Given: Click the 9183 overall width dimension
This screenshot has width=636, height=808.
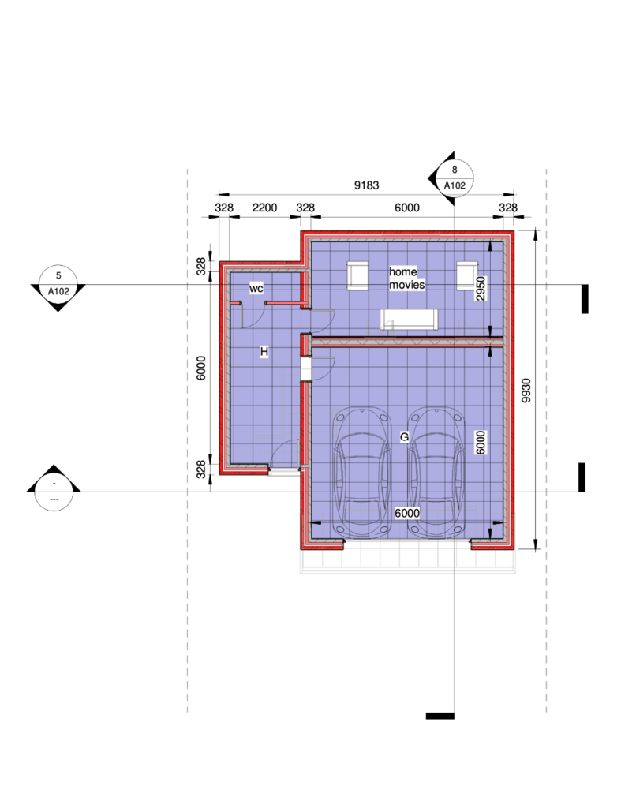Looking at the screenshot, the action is coord(366,185).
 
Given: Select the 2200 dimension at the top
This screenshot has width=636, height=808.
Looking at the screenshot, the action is coord(265,208).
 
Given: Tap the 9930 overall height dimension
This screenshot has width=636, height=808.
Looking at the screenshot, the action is coord(526,391).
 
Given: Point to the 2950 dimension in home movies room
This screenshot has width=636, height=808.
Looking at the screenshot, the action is coord(481,289).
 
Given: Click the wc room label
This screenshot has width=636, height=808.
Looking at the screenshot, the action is coord(256,289).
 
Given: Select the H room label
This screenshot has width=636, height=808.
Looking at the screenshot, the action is coord(264,352).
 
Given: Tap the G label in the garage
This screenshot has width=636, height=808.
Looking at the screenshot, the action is coord(405,437).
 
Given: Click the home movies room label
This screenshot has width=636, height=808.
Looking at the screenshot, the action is coord(406,279).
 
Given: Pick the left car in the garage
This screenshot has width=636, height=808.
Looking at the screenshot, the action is coord(361,473).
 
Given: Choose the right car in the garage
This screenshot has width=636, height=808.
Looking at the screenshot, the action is coord(437,473).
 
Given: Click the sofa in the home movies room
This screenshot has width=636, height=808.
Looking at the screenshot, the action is coord(410,320).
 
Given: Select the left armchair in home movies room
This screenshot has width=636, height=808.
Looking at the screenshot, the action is coord(357,275).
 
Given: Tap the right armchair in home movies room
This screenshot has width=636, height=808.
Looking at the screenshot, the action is coord(467,275).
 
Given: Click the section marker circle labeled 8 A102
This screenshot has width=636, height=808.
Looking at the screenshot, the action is coord(455,178).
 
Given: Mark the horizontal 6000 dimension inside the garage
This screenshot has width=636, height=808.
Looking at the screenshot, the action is coord(407,513).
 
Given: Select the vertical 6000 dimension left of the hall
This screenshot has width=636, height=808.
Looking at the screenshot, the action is coord(201,368).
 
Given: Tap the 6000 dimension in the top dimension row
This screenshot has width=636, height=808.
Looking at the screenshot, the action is coord(407,208).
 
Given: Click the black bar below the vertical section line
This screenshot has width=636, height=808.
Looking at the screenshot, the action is coord(440,716).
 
